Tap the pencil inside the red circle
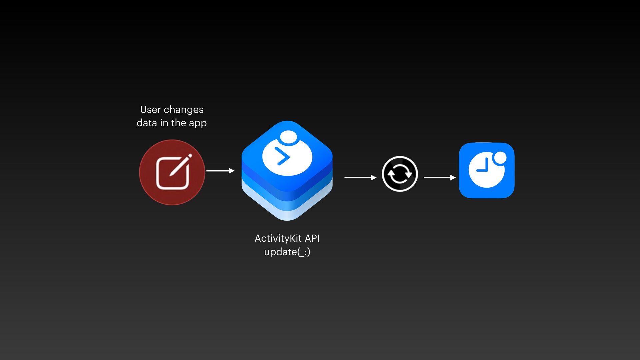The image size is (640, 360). (x=180, y=165)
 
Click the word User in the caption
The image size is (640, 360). (x=150, y=110)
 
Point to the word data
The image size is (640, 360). (x=147, y=123)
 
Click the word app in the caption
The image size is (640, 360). (x=198, y=123)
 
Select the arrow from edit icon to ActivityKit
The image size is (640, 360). (x=220, y=171)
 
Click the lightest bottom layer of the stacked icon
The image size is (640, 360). (x=287, y=213)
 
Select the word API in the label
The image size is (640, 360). (x=312, y=239)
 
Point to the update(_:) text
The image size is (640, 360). (x=287, y=252)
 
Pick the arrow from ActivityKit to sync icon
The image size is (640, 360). (x=360, y=178)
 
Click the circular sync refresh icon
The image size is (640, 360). (x=400, y=174)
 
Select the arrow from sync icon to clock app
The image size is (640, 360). (x=439, y=178)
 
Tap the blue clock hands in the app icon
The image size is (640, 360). (x=484, y=167)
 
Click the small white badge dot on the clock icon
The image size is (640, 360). (x=500, y=158)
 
